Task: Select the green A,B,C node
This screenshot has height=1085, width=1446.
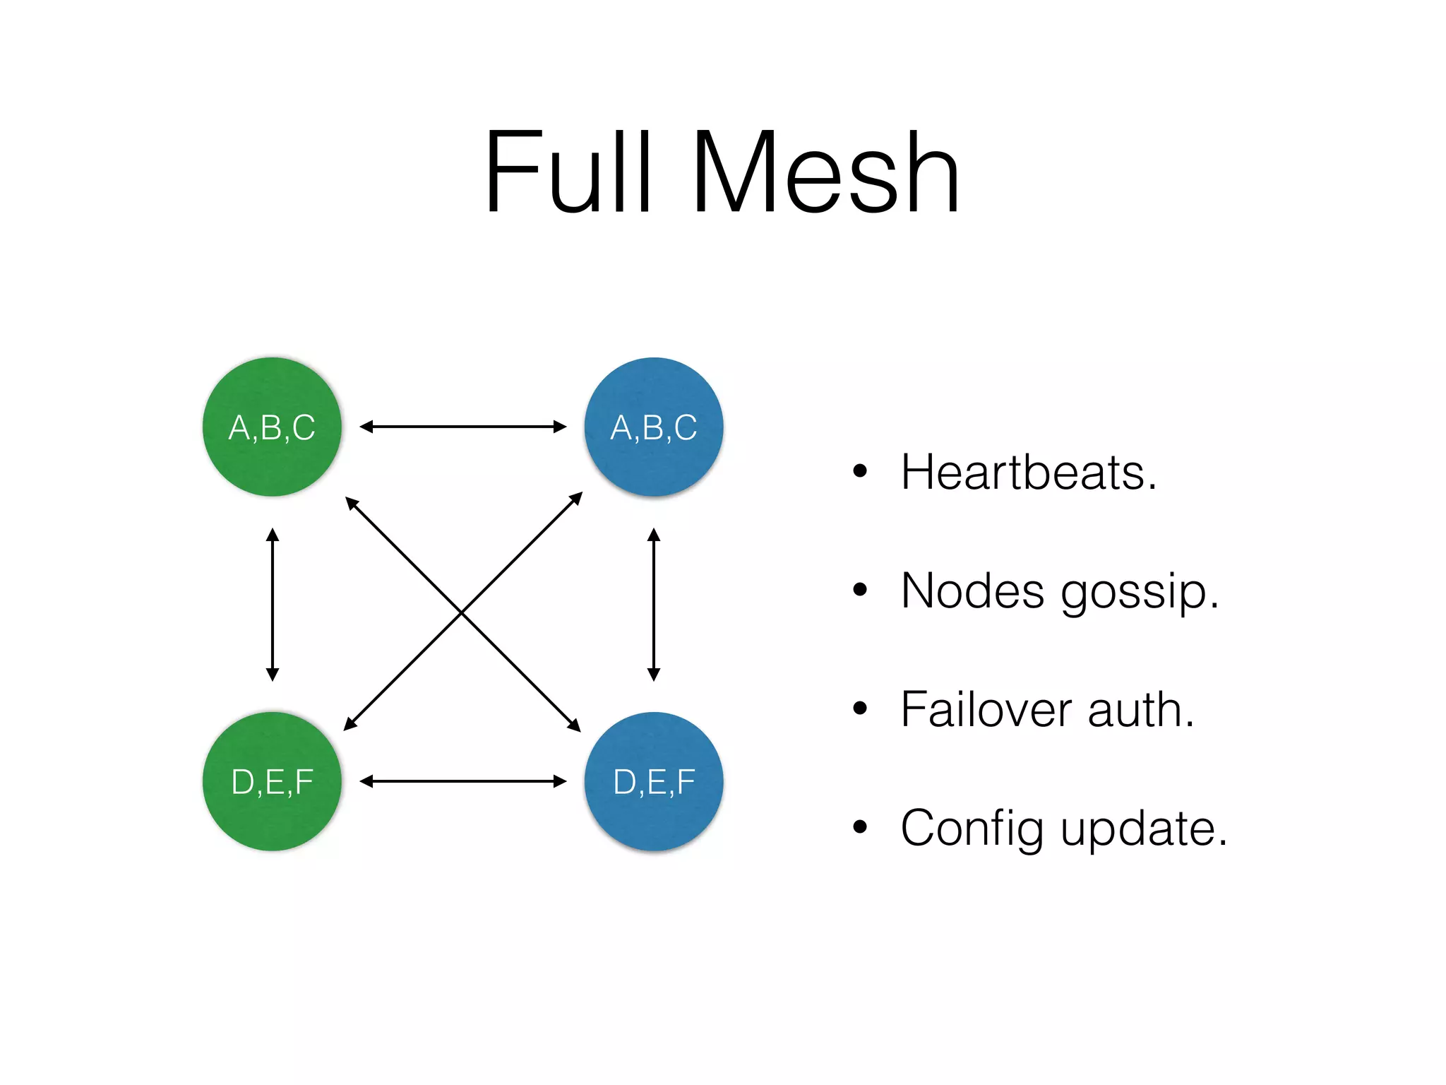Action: point(272,427)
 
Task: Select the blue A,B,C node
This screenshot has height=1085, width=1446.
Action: point(654,427)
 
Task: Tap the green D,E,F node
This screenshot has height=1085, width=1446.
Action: point(272,781)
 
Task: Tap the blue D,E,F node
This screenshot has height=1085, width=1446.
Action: point(654,781)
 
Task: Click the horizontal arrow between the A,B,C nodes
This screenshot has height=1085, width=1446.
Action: point(462,427)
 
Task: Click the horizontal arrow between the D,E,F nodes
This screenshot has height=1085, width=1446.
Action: point(462,781)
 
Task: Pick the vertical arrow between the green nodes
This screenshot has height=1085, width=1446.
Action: point(273,605)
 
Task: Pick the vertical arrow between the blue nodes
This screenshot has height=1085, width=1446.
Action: point(654,605)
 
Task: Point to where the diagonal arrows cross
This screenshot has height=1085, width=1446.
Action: point(462,612)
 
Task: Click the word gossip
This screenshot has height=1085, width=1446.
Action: point(1139,593)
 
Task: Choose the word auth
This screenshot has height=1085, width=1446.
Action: point(1140,709)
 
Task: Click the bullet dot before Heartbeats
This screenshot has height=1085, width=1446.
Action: point(859,471)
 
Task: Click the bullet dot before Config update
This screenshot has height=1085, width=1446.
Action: point(859,826)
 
